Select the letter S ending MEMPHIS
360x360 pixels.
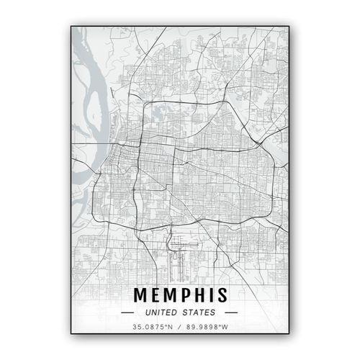(222, 295)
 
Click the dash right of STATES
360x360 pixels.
(230, 312)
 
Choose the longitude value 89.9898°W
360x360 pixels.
(207, 328)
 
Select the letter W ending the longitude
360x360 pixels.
(226, 328)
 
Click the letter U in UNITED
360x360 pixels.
(147, 312)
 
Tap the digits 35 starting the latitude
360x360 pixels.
(136, 328)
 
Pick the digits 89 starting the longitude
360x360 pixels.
(190, 328)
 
